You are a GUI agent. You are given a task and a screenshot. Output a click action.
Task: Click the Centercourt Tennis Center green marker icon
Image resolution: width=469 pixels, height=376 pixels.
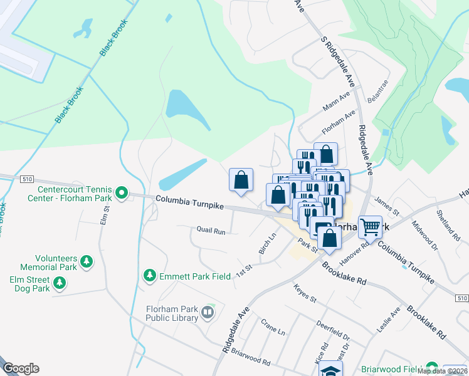pyautogui.click(x=122, y=194)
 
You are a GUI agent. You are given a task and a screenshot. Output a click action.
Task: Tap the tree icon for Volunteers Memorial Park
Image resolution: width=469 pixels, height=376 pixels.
pyautogui.click(x=87, y=261)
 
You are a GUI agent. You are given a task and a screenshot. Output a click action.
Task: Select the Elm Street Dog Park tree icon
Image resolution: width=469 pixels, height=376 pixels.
pyautogui.click(x=60, y=283)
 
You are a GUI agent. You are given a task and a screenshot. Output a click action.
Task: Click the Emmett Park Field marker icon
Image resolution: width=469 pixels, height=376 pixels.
pyautogui.click(x=149, y=275)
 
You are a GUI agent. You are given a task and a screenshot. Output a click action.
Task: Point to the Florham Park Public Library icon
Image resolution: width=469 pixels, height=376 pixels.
pyautogui.click(x=208, y=311)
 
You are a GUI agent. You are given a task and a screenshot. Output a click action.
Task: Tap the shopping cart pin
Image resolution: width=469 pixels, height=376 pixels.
pyautogui.click(x=370, y=226)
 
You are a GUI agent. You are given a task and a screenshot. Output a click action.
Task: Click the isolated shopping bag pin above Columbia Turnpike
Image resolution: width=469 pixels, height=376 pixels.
pyautogui.click(x=241, y=180)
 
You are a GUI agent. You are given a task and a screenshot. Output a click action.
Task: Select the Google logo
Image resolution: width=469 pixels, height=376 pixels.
pyautogui.click(x=21, y=368)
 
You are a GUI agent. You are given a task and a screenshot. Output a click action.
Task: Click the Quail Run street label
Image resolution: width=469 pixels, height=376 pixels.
pyautogui.click(x=210, y=231)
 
